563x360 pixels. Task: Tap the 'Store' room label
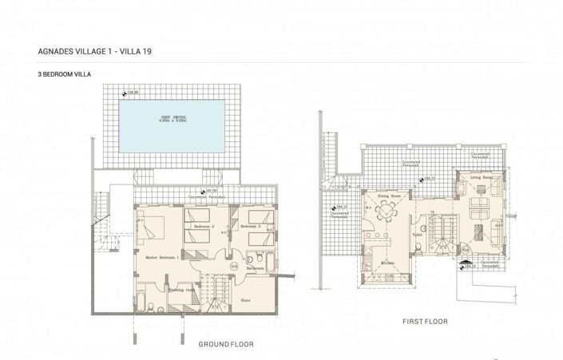[x=247, y=301]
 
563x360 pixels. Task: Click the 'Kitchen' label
[x=387, y=262]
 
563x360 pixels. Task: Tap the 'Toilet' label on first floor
[x=416, y=235]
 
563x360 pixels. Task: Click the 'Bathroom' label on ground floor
[x=255, y=269]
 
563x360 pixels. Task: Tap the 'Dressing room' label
[x=180, y=290]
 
